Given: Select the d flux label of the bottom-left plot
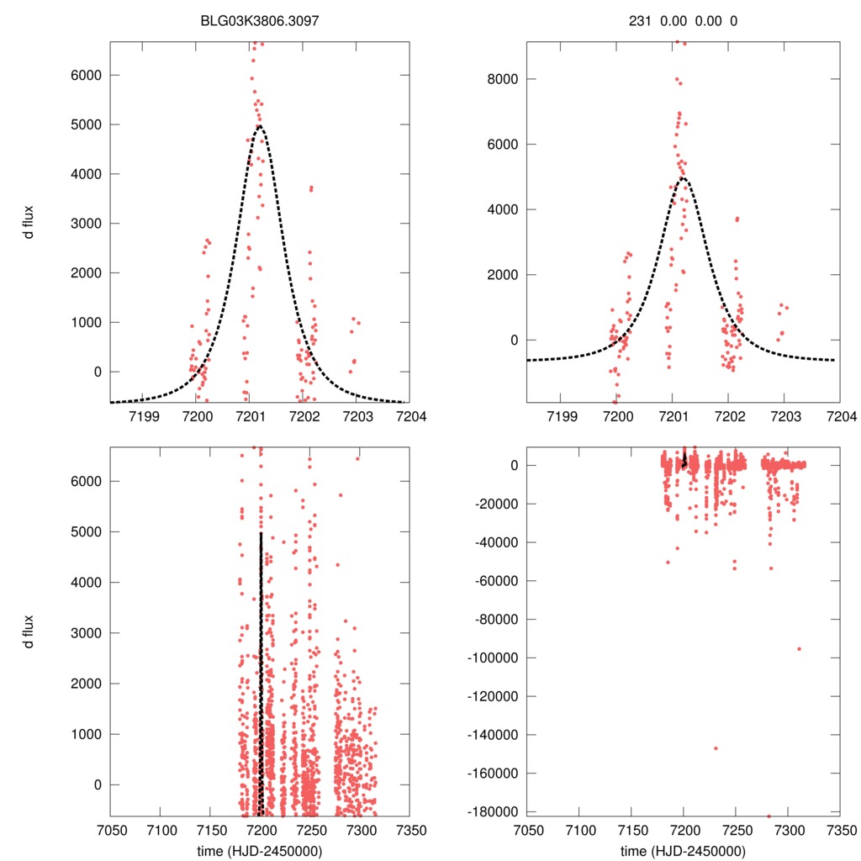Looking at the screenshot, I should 29,631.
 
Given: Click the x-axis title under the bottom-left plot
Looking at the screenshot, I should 260,851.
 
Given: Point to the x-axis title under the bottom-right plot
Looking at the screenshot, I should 683,851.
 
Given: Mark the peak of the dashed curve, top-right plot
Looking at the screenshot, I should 683,178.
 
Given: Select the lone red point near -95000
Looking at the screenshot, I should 799,648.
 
